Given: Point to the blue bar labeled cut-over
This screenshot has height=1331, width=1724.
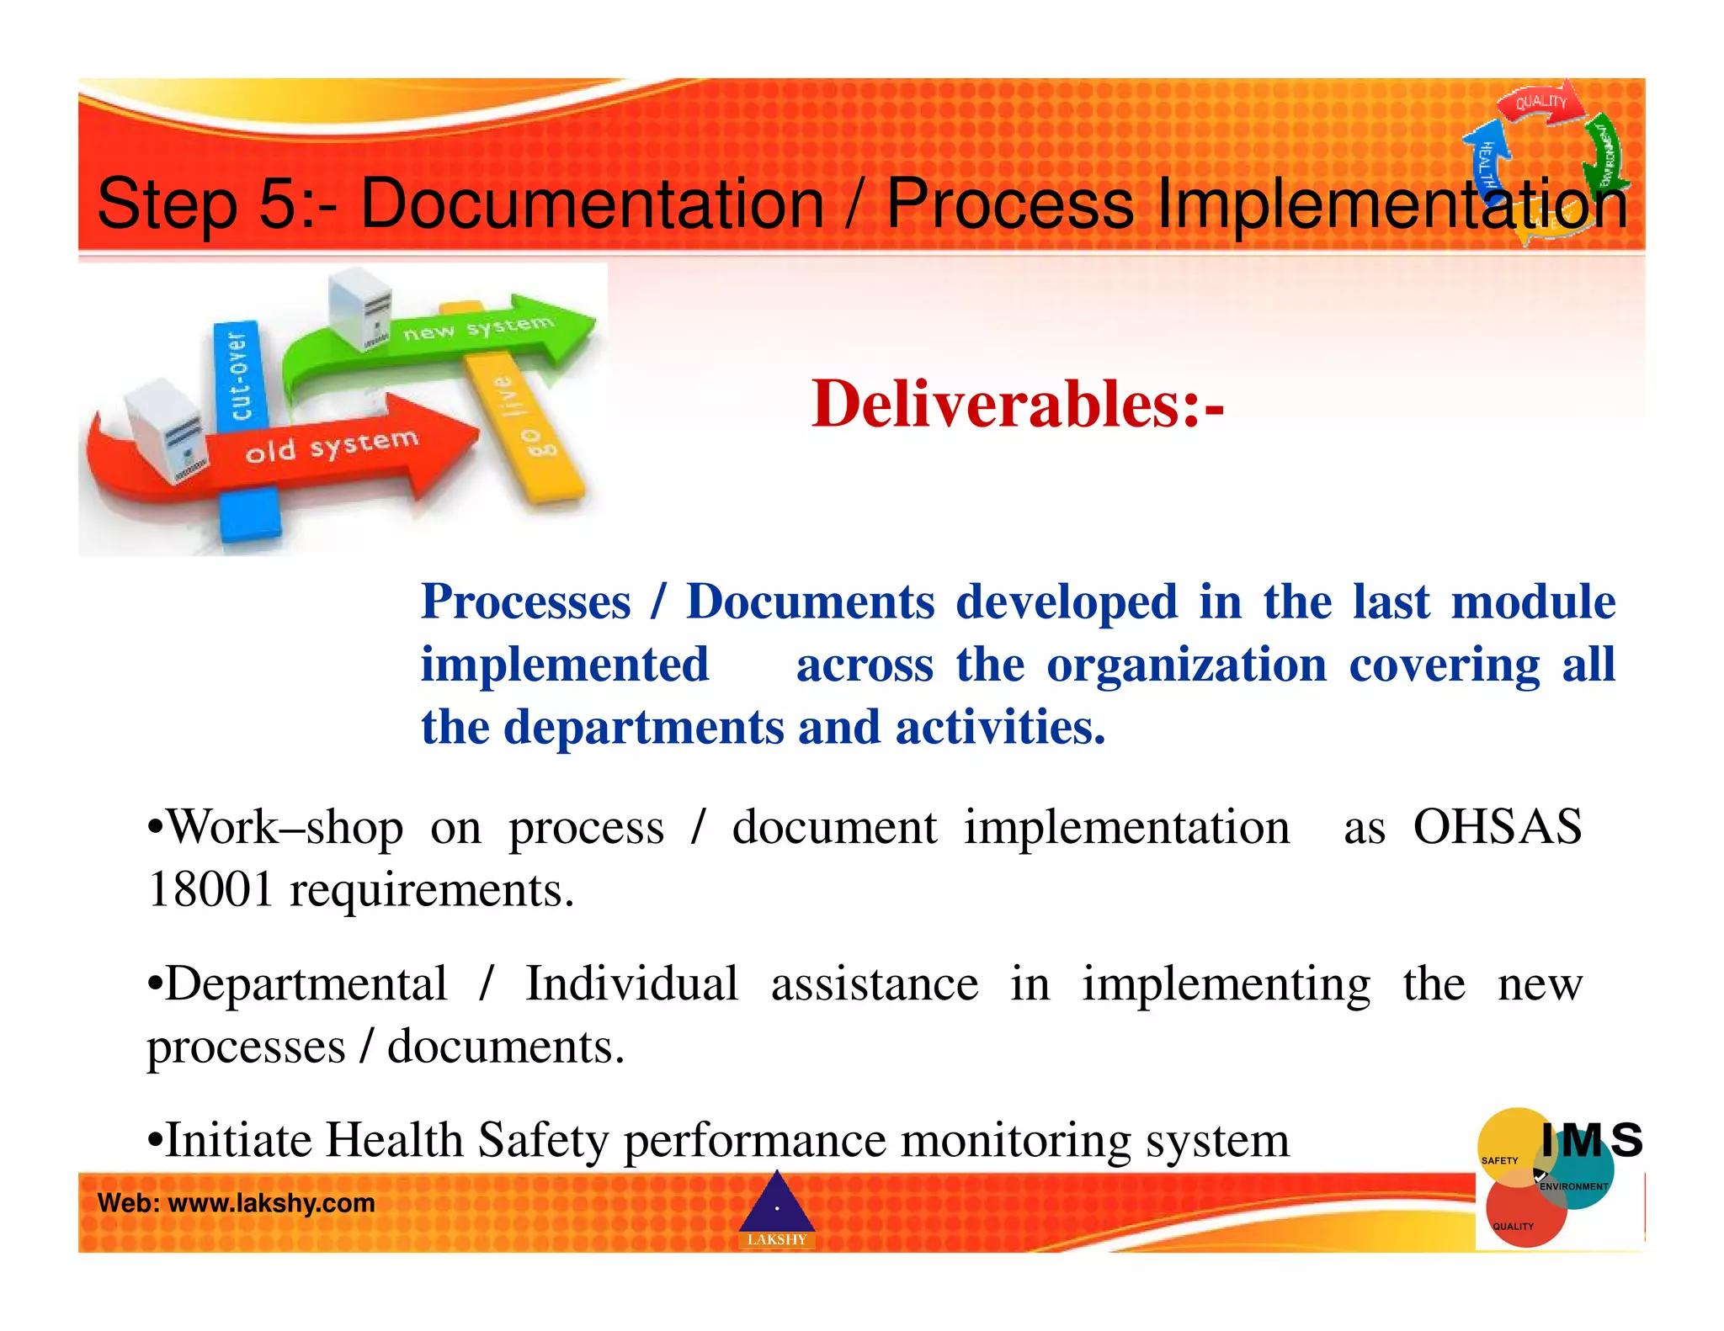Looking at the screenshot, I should tap(237, 374).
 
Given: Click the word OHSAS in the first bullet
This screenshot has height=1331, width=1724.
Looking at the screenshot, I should tap(1497, 827).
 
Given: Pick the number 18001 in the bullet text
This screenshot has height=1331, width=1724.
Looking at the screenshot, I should tap(210, 890).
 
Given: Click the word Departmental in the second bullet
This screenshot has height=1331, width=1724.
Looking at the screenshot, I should tap(306, 984).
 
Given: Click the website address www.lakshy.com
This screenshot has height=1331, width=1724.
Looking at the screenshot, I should tap(272, 1203).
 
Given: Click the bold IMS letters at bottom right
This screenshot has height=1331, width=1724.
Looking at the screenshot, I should tap(1591, 1141).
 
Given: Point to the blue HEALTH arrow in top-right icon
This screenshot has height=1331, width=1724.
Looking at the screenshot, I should tap(1486, 160).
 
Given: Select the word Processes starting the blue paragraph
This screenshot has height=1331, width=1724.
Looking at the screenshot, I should tap(525, 602).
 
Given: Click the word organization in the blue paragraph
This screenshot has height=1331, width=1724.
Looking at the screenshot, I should tap(1186, 665).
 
